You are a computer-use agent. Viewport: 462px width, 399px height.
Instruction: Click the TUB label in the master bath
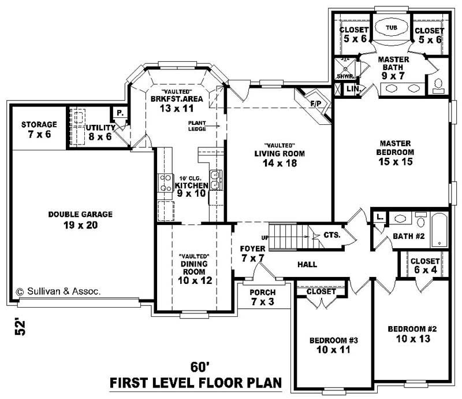(x=391, y=27)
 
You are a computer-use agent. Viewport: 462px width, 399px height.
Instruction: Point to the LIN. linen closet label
(x=352, y=89)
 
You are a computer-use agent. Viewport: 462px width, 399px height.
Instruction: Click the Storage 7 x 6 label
(x=39, y=129)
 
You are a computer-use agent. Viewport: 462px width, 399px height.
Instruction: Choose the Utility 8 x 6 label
(x=100, y=132)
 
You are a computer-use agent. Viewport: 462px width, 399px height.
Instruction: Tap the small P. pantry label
(x=119, y=113)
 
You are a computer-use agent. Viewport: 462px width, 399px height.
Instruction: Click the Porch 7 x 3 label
(x=262, y=297)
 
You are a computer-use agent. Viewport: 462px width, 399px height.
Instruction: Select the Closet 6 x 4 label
(x=425, y=265)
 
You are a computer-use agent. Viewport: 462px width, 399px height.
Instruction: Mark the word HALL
(x=307, y=264)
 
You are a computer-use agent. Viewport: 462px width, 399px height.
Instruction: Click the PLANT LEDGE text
(x=197, y=125)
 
